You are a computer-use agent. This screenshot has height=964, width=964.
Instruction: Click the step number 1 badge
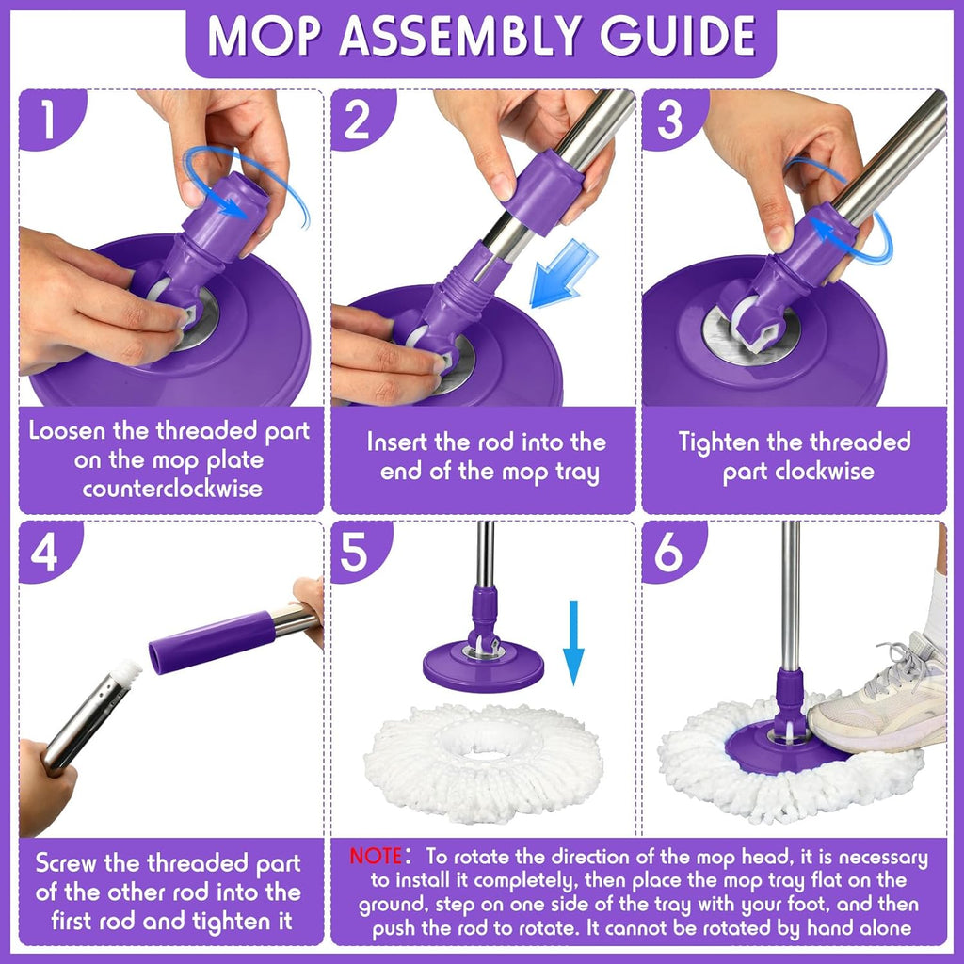pos(46,120)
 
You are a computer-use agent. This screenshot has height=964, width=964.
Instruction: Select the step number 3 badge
pos(669,120)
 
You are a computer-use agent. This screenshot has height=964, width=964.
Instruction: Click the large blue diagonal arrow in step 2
pos(561,274)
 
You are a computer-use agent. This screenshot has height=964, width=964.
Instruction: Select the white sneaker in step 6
pos(880,698)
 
